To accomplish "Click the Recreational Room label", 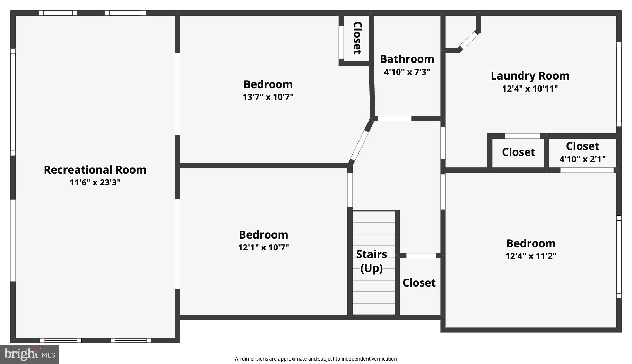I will pos(95,170).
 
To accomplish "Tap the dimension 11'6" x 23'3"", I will pos(95,182).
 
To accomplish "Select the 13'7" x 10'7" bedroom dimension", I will pos(268,97).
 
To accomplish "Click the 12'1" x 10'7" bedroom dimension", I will pos(263,247).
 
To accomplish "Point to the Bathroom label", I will pos(407,59).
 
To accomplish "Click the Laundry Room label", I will pos(530,76).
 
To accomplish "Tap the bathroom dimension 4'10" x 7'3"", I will pos(407,72).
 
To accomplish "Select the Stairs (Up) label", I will pos(372,261).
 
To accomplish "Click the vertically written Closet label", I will pos(357,38).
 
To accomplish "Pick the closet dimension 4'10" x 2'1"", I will pos(582,159).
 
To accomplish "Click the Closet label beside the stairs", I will pos(419,283).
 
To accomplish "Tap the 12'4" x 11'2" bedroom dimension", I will pos(531,256).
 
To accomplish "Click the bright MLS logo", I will pos(29,354).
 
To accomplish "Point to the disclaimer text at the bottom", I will pos(315,359).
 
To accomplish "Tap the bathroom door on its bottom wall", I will pos(394,119).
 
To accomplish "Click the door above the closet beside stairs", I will pos(421,256).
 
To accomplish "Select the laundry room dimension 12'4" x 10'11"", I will pos(530,89).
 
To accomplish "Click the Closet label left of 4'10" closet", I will pos(518,152).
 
